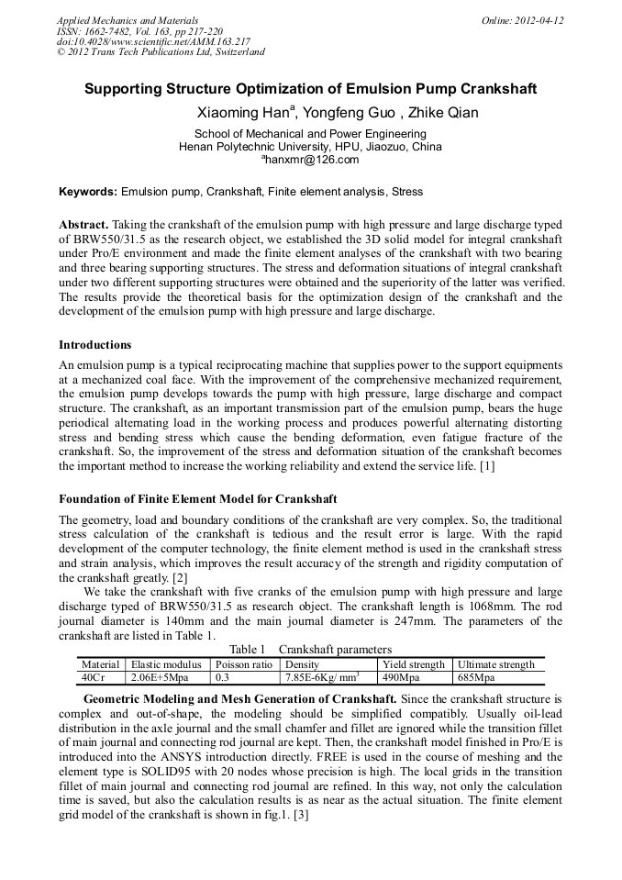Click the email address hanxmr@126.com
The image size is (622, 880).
311,160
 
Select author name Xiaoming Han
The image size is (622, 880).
244,113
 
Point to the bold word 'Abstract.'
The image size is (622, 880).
84,225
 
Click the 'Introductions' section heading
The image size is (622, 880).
94,345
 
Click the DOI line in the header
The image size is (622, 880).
153,41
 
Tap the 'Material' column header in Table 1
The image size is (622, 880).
101,664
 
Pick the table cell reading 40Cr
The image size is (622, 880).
94,678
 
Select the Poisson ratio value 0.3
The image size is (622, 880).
222,678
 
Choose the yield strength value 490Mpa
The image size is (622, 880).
401,678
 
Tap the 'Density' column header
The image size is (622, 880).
303,664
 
